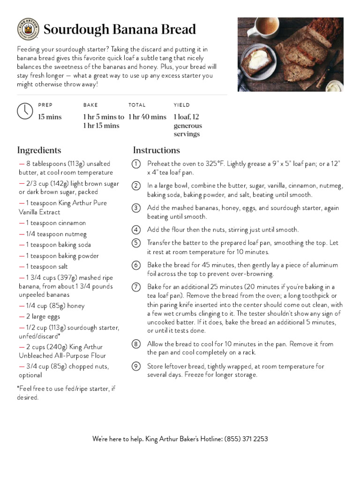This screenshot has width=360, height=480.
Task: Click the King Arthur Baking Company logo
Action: (x=28, y=29)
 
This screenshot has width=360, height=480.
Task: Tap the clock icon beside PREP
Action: (x=25, y=111)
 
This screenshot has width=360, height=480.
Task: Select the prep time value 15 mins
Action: (x=50, y=117)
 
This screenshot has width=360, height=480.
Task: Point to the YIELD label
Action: (x=181, y=105)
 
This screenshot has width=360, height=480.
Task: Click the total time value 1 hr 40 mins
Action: (x=147, y=117)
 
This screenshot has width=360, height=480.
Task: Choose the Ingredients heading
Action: (x=39, y=150)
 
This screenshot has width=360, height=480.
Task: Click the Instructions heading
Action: (x=156, y=150)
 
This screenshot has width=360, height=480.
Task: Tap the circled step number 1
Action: (x=136, y=164)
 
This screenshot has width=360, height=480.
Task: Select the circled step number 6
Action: (x=136, y=265)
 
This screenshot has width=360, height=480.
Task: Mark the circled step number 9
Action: (x=136, y=367)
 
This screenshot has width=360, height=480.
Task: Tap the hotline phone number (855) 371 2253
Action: (x=246, y=439)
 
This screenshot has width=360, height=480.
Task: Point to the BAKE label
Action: (x=90, y=105)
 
